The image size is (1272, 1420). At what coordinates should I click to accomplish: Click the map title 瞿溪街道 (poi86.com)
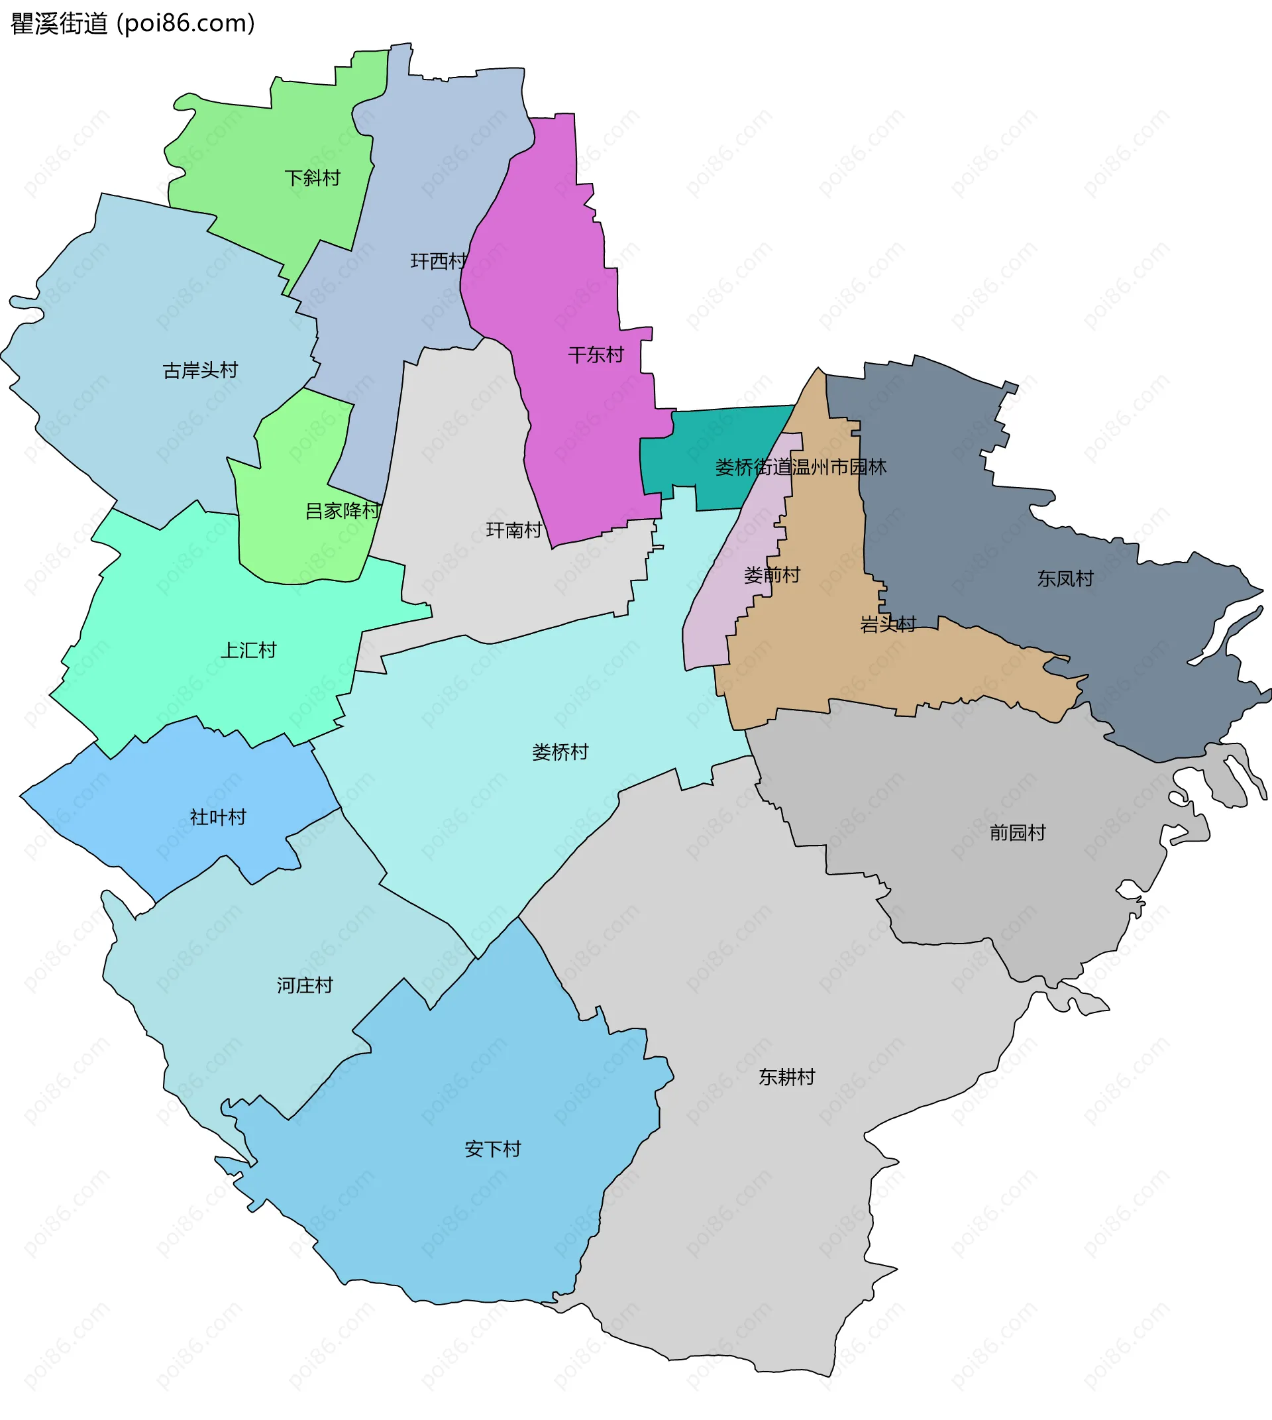tap(132, 24)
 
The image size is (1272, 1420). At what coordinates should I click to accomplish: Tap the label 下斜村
tap(312, 178)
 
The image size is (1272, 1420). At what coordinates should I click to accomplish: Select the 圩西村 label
tap(438, 262)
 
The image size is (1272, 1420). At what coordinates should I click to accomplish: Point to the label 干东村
tap(596, 355)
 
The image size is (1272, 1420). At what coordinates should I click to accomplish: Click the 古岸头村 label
tap(200, 370)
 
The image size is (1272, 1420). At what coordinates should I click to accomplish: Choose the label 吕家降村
tap(343, 511)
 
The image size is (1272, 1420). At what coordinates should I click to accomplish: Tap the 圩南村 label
tap(513, 531)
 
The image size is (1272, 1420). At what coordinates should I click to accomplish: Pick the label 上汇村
tap(248, 651)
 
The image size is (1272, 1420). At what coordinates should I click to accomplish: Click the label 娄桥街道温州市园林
tap(800, 467)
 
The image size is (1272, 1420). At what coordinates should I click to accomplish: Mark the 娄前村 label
tap(772, 575)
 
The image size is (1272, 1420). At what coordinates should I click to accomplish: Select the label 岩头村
tap(888, 624)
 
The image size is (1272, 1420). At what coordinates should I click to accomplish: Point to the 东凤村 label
tap(1065, 579)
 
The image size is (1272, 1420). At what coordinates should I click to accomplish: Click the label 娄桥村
tap(560, 752)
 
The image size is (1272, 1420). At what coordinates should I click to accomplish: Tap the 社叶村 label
tap(218, 817)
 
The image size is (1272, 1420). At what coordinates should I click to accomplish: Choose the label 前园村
tap(1017, 833)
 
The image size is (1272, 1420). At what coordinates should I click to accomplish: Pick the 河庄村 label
tap(305, 986)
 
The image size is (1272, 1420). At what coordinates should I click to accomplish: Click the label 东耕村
tap(786, 1077)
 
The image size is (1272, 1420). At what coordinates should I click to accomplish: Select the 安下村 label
tap(493, 1150)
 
